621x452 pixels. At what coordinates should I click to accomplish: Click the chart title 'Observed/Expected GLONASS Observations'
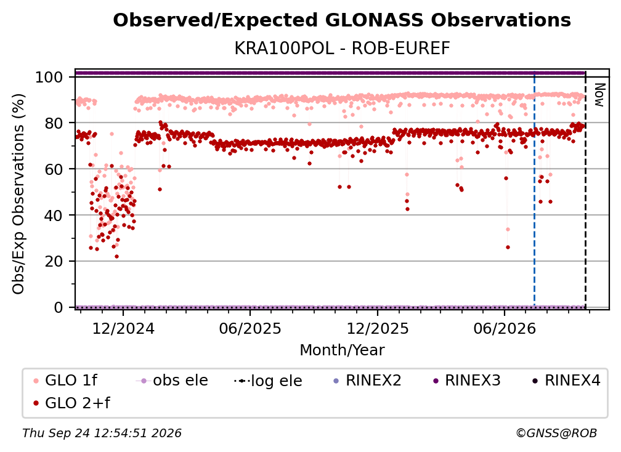point(342,20)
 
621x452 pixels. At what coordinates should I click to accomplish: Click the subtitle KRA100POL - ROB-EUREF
point(342,49)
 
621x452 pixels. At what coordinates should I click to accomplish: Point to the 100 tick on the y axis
point(49,77)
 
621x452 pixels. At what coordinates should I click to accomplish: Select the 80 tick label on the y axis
point(54,123)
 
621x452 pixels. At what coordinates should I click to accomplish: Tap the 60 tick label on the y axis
point(54,169)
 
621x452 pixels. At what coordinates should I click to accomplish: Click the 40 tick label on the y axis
point(54,216)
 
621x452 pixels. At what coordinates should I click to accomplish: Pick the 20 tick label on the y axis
point(54,262)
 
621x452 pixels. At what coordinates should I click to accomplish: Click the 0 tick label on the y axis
point(59,307)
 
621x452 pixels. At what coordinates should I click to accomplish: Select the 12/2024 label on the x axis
point(123,329)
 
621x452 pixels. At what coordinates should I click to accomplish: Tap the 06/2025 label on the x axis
point(250,329)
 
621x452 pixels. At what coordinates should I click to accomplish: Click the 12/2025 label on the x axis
point(378,329)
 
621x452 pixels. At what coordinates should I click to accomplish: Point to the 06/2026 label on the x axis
point(505,329)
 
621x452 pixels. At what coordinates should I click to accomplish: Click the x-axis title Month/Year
point(342,350)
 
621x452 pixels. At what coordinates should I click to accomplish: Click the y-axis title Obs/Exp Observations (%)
point(18,194)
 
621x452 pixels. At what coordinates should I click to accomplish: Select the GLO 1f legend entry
point(66,381)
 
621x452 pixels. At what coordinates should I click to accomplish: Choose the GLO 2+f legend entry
point(71,403)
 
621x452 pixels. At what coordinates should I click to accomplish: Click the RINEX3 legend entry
point(467,381)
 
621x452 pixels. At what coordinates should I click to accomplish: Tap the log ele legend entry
point(268,381)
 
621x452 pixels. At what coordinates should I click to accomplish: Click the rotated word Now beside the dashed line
point(599,95)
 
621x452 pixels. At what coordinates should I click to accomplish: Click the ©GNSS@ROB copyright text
point(556,434)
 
